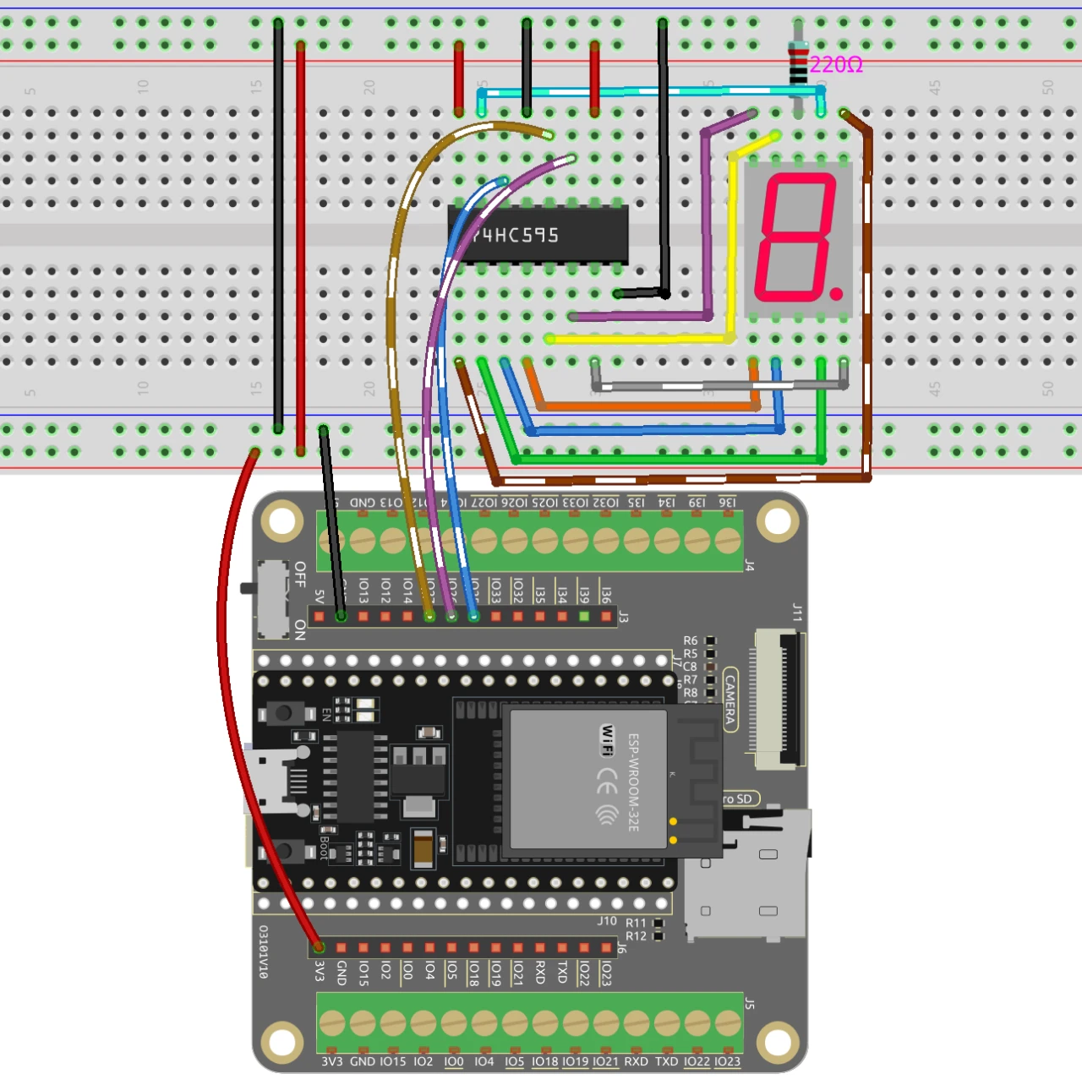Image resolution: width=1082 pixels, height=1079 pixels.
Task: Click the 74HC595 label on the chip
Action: pos(516,235)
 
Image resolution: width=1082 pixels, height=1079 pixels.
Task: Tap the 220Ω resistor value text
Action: pos(836,65)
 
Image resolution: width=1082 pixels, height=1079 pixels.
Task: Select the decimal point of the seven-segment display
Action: pos(836,293)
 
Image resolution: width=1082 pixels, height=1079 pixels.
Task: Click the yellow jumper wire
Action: pos(642,339)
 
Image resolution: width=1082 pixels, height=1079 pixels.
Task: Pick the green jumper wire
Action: pos(668,460)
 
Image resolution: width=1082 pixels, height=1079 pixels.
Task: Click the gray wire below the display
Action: pos(719,385)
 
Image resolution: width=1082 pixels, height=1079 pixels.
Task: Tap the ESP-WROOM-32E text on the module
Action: pos(634,782)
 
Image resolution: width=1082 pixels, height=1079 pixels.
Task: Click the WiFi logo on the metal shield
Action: pos(608,740)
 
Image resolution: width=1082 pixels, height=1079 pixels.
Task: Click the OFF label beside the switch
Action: pos(300,574)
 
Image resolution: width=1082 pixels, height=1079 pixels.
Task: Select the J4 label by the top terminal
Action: pos(749,565)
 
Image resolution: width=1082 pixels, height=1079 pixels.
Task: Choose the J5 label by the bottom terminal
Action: pos(749,1004)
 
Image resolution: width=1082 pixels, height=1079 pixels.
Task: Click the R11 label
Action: pos(636,923)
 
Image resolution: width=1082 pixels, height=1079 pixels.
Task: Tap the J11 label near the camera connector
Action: pos(797,612)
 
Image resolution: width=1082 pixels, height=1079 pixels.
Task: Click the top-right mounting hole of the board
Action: pos(778,521)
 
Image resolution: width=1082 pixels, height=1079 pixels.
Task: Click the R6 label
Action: pos(691,640)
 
